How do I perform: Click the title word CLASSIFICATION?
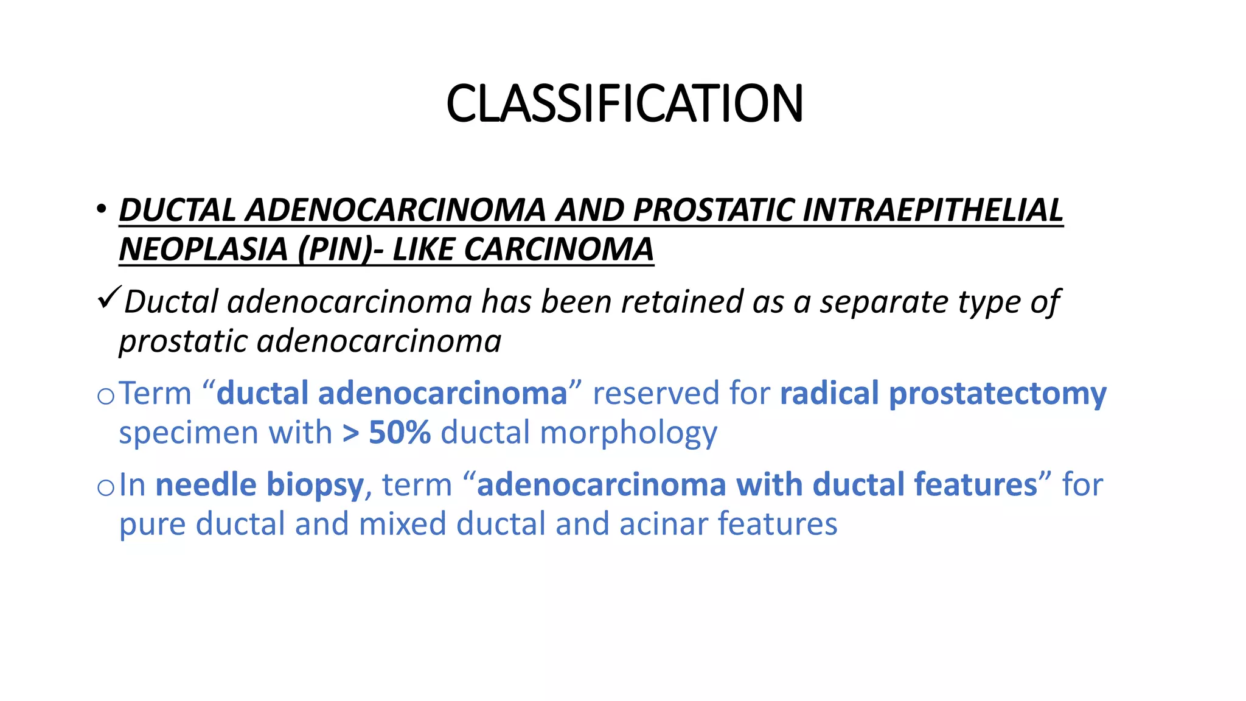[624, 103]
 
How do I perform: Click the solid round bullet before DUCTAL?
[101, 210]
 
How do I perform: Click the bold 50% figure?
[400, 433]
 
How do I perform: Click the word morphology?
[628, 434]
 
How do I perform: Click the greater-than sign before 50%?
[351, 433]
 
